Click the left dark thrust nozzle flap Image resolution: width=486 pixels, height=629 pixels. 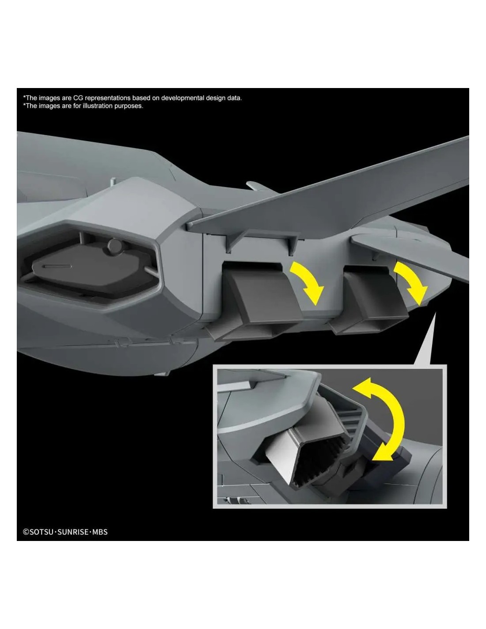(x=265, y=295)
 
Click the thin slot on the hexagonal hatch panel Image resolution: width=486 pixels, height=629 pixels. (x=57, y=266)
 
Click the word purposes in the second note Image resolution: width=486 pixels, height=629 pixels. (x=129, y=106)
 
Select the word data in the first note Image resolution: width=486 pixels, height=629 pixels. (x=234, y=98)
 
